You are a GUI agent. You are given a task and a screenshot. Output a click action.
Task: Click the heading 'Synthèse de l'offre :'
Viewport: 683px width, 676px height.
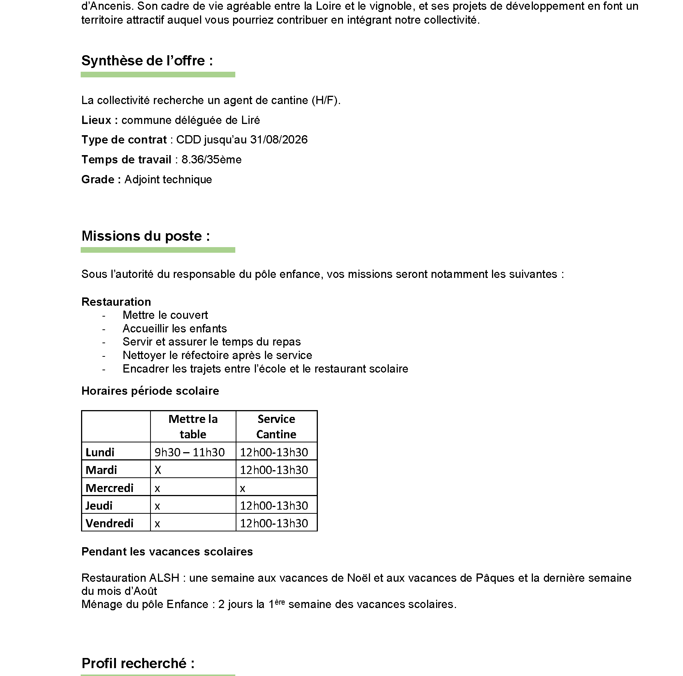147,61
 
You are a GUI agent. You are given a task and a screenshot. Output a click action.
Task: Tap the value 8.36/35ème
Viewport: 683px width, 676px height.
211,160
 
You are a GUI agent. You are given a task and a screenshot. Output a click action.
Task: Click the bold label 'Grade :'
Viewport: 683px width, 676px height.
101,180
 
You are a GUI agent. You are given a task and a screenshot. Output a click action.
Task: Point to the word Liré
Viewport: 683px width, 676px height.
251,120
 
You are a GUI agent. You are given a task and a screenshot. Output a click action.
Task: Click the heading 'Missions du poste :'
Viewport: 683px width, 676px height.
146,236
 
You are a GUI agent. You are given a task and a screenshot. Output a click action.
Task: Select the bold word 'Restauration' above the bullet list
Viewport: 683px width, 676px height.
116,302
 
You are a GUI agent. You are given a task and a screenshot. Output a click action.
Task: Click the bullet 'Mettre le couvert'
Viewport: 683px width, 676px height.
165,315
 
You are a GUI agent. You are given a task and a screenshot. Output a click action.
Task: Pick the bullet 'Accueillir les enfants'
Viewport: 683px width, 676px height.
175,329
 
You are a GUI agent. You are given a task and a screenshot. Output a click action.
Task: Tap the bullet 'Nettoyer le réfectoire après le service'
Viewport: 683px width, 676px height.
217,355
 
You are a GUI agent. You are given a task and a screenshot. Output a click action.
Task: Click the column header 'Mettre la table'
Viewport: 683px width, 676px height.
193,427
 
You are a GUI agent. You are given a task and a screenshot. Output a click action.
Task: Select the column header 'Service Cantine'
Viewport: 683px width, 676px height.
276,427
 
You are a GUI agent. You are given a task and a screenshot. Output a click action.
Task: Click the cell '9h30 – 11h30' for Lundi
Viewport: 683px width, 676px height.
190,452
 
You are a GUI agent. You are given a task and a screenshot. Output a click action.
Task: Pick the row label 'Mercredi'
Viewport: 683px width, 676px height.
110,488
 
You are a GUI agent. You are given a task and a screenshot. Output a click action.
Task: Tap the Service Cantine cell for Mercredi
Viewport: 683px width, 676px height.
243,488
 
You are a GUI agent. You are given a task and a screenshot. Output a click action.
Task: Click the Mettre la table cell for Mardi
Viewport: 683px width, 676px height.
158,470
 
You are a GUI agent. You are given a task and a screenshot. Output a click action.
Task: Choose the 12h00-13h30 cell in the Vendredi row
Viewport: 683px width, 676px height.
274,523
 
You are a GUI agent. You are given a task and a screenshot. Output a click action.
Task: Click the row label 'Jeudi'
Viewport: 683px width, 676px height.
99,505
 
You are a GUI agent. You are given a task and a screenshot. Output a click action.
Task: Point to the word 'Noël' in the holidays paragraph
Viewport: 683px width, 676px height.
358,578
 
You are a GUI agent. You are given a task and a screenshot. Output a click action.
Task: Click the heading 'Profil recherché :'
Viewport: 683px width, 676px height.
138,664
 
